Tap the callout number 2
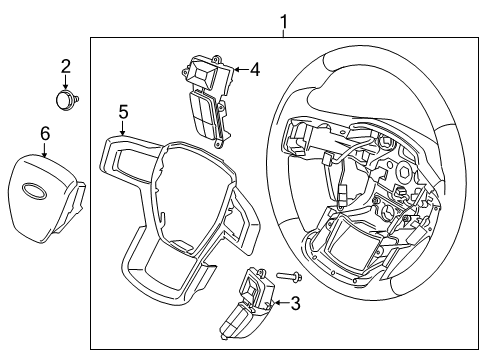pyautogui.click(x=66, y=67)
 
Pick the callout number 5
pyautogui.click(x=123, y=112)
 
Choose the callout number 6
pyautogui.click(x=44, y=133)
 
